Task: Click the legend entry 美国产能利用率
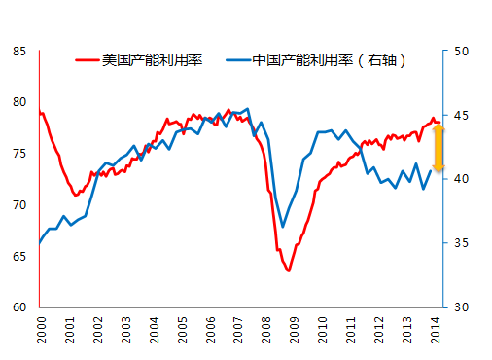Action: (147, 60)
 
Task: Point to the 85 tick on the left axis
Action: (19, 51)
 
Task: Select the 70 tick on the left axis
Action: (19, 205)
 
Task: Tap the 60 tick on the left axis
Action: (19, 307)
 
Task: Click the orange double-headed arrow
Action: (438, 148)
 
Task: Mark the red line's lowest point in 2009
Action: (289, 270)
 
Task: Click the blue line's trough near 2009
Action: (283, 227)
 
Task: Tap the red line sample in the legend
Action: (88, 60)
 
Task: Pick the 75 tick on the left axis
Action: (19, 154)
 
